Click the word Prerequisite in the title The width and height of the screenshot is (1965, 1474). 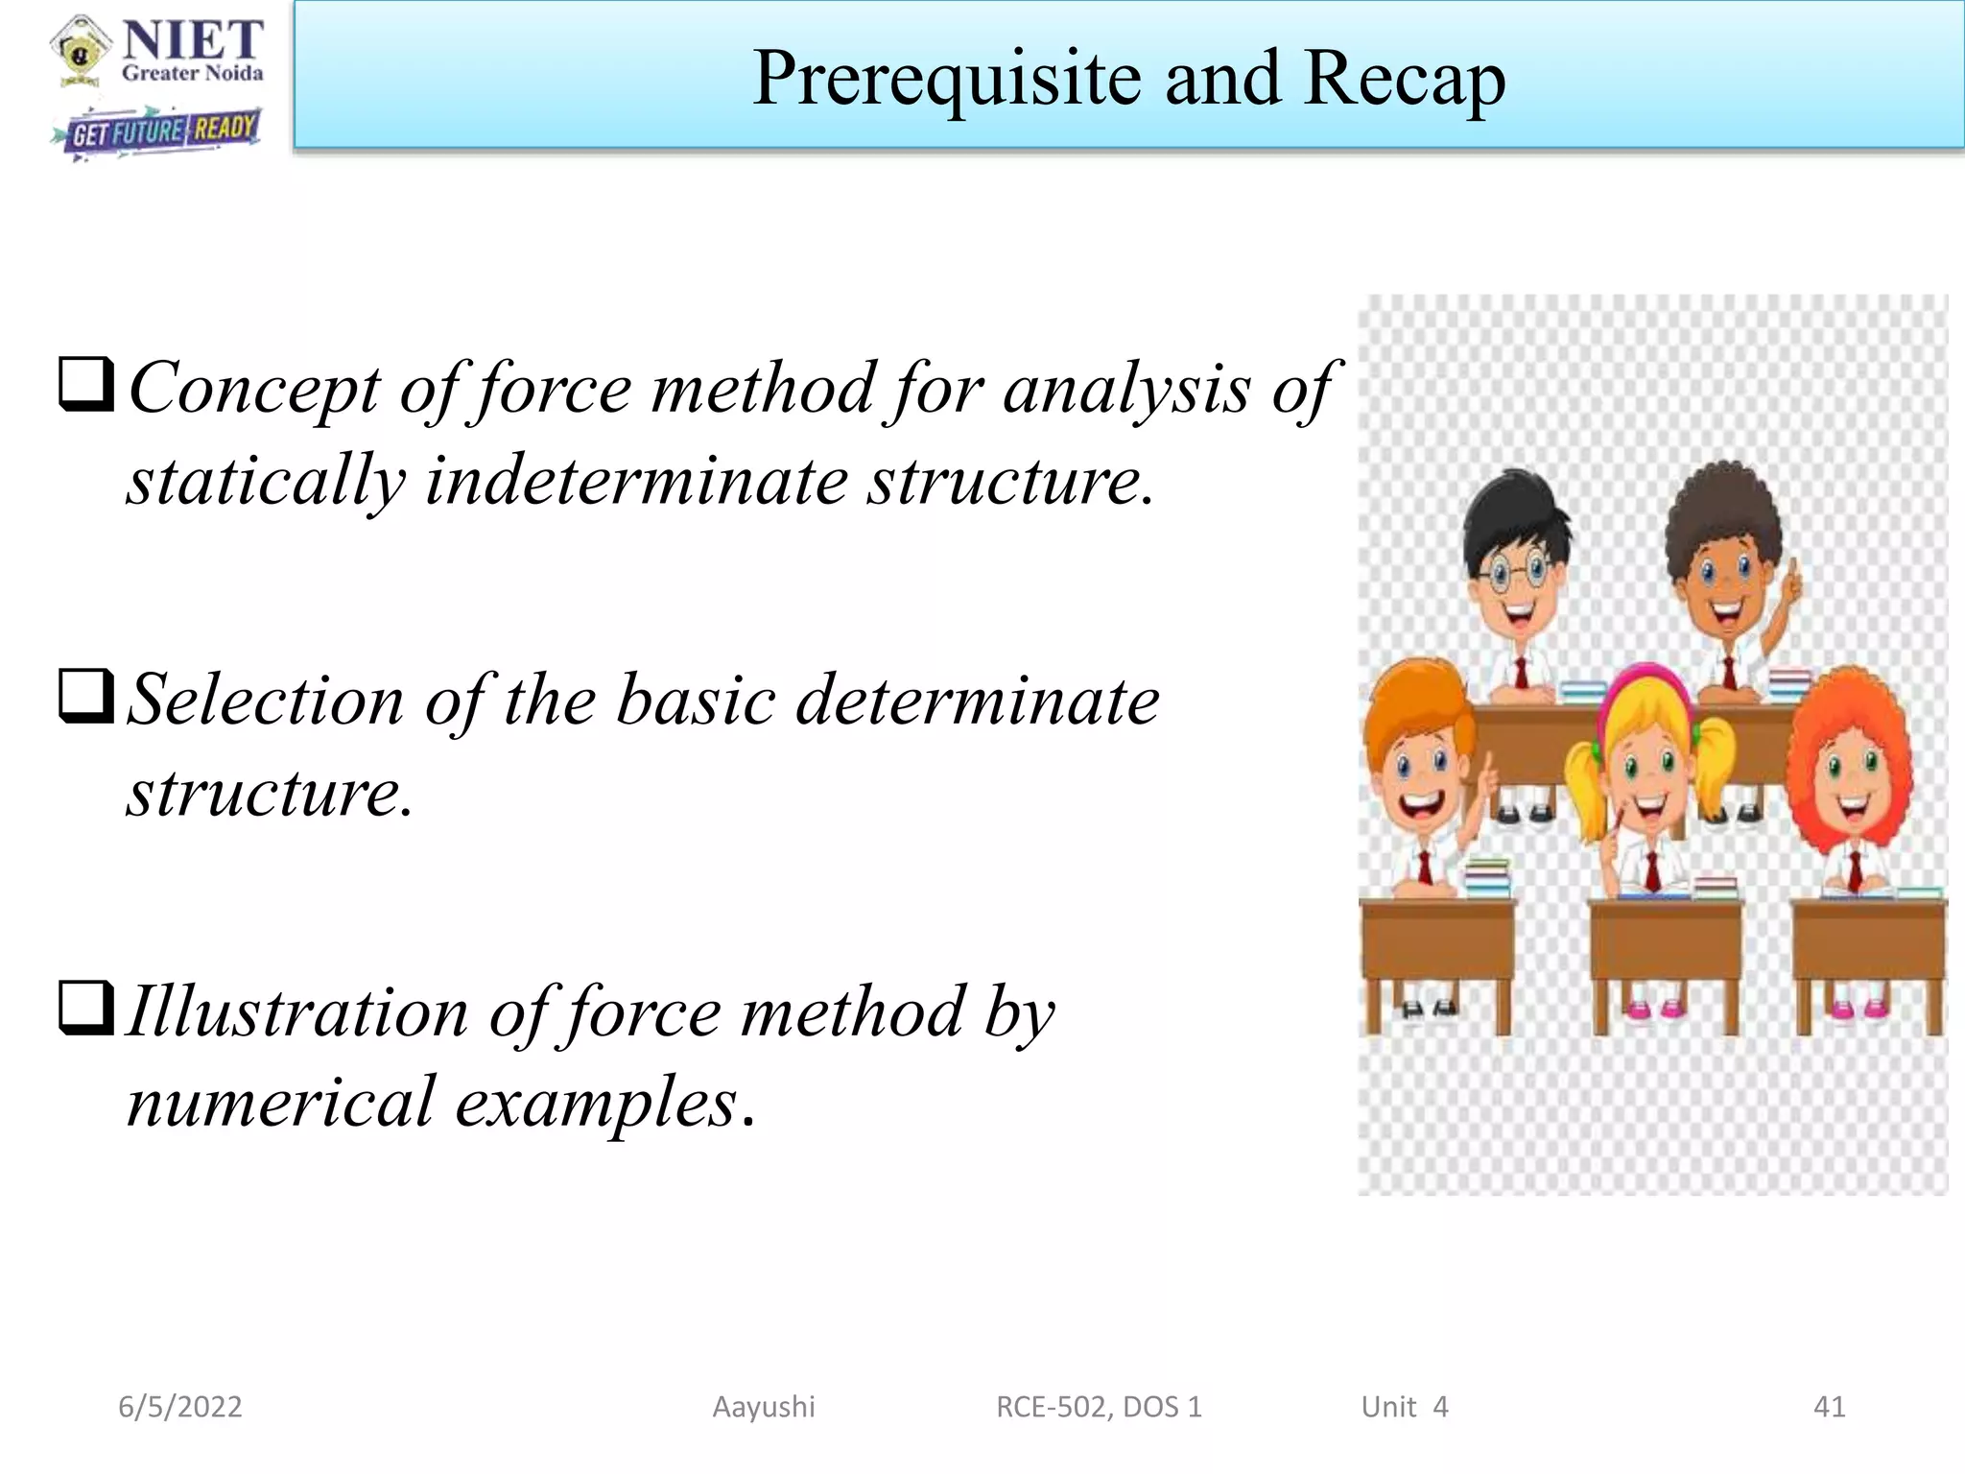coord(947,79)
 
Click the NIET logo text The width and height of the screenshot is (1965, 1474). coord(193,41)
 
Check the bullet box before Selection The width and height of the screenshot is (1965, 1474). coord(87,696)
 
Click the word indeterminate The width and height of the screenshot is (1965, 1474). coord(635,480)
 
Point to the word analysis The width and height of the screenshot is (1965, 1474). coord(1126,389)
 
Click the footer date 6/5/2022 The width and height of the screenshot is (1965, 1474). coord(180,1407)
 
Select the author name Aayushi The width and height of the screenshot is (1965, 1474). coord(764,1407)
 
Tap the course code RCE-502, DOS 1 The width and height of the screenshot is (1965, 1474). coord(1099,1407)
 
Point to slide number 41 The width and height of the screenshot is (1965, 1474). coord(1829,1407)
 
